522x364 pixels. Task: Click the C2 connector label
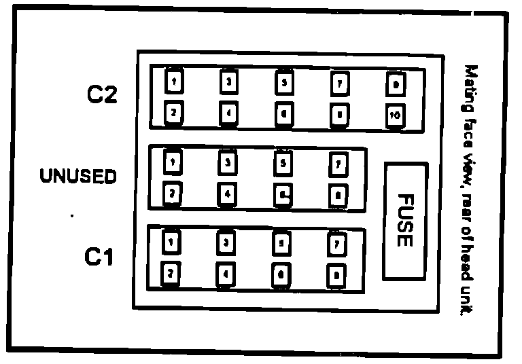(102, 95)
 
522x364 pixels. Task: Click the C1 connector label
(99, 257)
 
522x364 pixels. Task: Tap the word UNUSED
(78, 177)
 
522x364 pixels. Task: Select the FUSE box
(405, 221)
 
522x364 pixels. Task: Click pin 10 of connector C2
(394, 116)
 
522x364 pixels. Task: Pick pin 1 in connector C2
(175, 82)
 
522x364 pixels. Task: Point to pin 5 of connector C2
(283, 83)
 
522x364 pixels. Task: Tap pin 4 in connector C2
(229, 114)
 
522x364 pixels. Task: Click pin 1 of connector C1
(172, 242)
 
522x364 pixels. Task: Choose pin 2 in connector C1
(172, 273)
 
